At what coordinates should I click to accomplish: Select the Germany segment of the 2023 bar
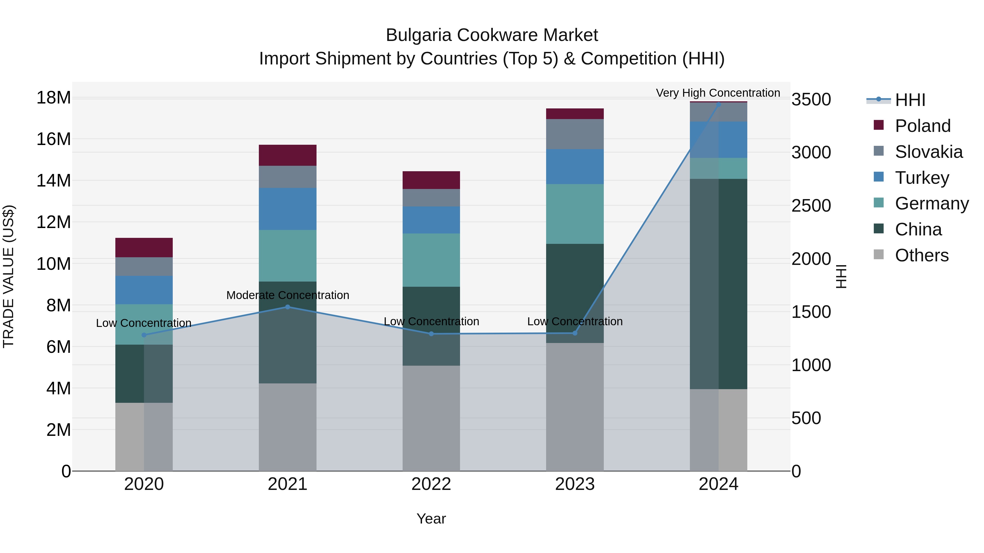point(575,214)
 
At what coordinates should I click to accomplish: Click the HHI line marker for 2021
point(288,307)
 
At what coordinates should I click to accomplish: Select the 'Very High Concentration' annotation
point(718,93)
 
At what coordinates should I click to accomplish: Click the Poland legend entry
point(922,126)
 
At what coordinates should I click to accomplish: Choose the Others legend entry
point(921,255)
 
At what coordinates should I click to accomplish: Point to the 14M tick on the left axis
point(54,180)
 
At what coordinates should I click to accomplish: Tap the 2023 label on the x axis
point(575,484)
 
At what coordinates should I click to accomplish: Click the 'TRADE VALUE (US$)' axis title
point(8,276)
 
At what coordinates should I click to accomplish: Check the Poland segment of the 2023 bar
point(575,114)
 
